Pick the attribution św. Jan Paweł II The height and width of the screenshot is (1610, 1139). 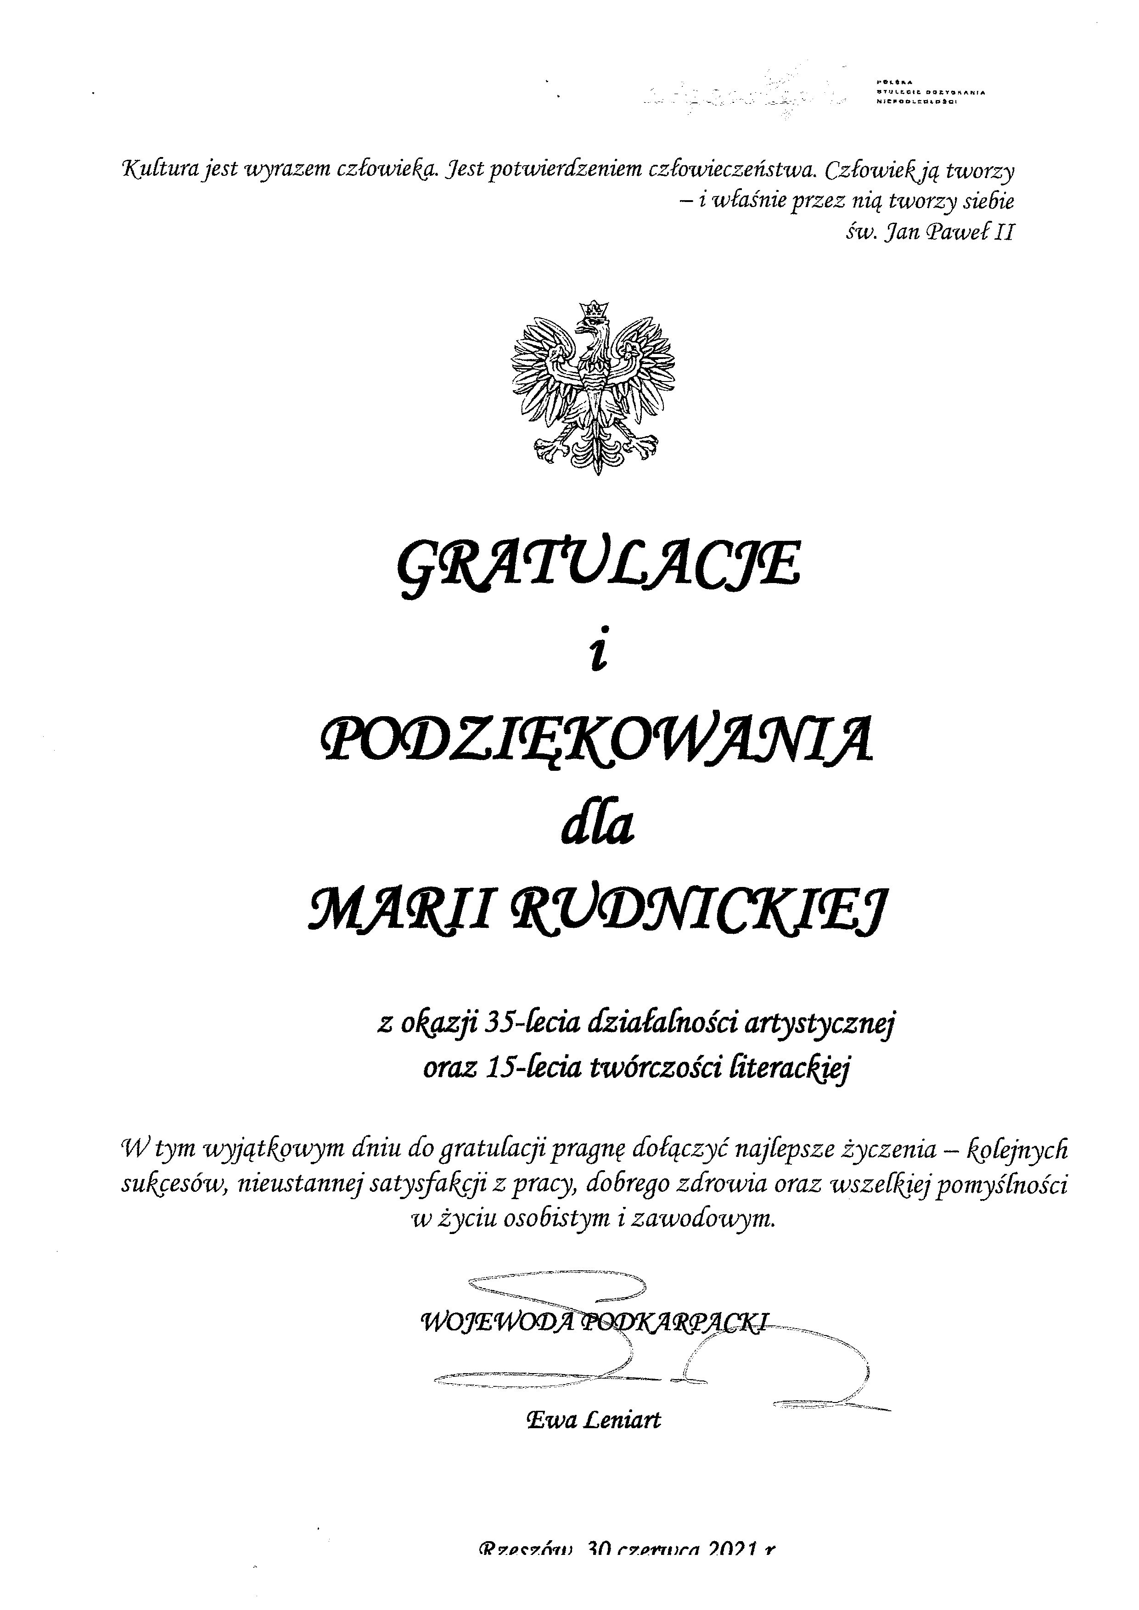click(929, 232)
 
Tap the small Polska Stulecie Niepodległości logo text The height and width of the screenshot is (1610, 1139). click(930, 92)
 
